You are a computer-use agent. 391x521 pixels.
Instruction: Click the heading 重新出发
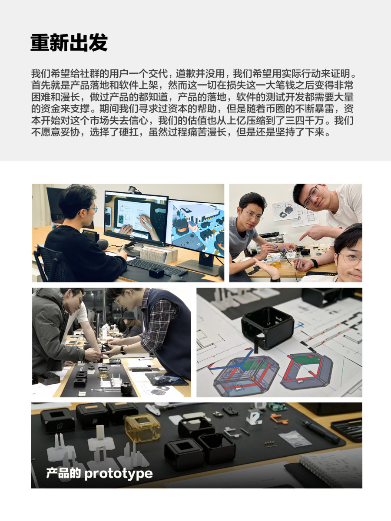69,43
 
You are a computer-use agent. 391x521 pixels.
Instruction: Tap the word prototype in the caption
119,474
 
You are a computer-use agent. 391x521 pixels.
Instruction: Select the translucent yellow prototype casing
142,428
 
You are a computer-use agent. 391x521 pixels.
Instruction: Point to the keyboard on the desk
157,267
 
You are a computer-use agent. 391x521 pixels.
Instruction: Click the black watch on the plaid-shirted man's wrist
123,350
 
